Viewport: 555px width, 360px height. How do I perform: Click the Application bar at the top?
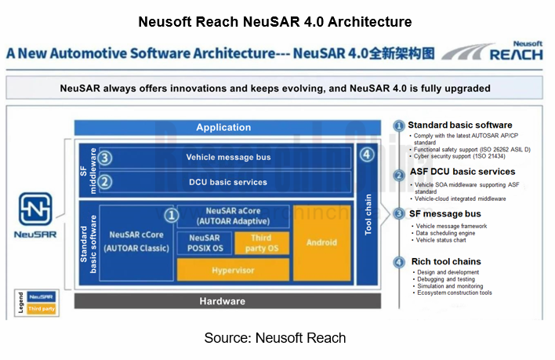point(223,128)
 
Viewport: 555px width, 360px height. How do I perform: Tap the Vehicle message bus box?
point(228,157)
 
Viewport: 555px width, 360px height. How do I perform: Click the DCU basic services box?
point(228,182)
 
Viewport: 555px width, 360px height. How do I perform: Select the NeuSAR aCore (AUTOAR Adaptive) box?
point(233,216)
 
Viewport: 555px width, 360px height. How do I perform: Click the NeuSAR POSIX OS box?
point(204,242)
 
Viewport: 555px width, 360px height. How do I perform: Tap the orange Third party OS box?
point(261,242)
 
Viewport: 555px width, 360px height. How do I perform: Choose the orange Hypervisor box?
point(232,270)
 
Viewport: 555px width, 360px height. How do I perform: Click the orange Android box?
point(322,243)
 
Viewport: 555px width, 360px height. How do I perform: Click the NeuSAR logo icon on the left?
point(35,209)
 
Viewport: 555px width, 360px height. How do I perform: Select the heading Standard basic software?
point(459,125)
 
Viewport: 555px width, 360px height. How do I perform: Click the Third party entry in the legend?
point(41,310)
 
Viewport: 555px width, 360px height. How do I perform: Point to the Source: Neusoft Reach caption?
point(275,338)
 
